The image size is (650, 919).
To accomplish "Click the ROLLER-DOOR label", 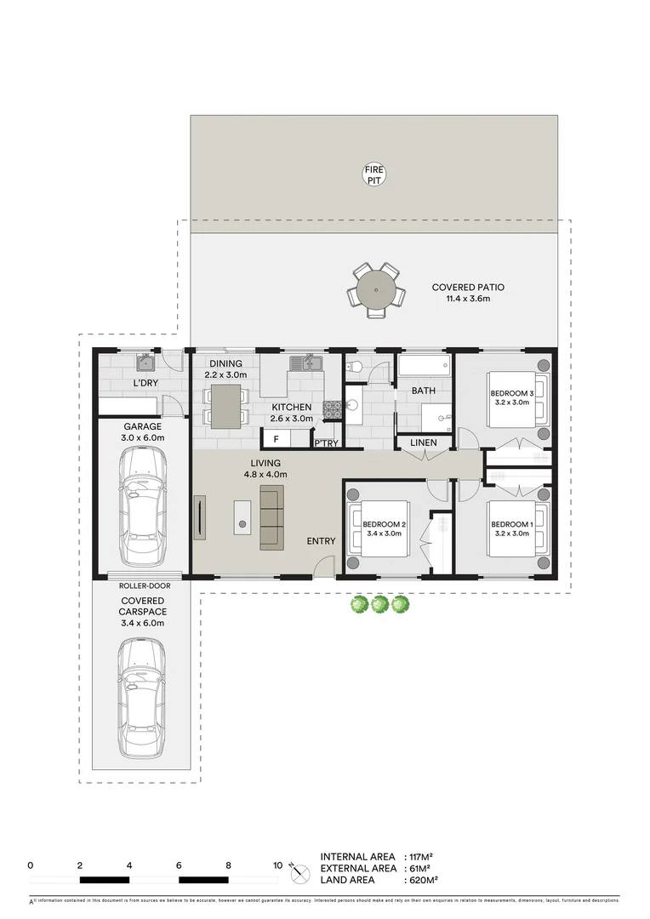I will [x=142, y=586].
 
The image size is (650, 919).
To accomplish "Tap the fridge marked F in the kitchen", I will [x=275, y=439].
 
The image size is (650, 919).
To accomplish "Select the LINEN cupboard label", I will [x=423, y=443].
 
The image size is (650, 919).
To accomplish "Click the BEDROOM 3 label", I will [x=511, y=393].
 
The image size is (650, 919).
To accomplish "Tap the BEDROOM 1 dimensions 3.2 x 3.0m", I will [x=511, y=534].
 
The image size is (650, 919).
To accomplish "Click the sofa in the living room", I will [x=271, y=517].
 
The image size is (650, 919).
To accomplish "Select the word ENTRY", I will [x=322, y=541].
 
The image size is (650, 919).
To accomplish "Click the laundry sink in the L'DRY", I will [x=145, y=363].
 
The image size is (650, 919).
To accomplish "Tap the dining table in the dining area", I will [x=225, y=406].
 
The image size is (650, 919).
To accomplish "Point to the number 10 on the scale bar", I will [x=277, y=865].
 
